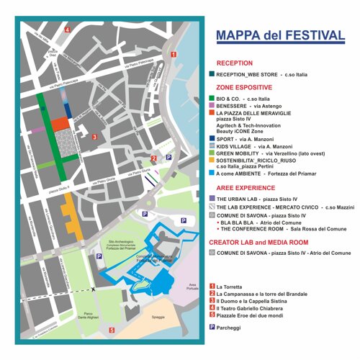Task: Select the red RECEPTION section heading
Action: (x=234, y=63)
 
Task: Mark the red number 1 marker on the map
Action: (x=173, y=54)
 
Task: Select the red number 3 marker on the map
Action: (x=94, y=136)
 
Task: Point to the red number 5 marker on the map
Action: (x=112, y=330)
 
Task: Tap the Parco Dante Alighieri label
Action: (x=86, y=316)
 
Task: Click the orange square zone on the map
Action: (x=60, y=123)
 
